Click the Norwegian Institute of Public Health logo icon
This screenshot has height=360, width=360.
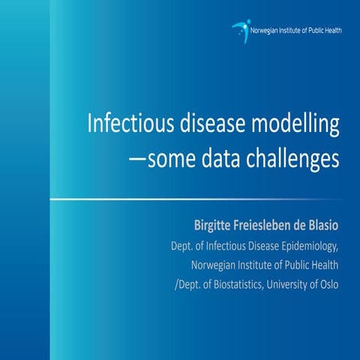click(241, 29)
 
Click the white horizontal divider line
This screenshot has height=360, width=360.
click(195, 199)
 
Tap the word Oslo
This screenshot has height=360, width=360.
click(328, 283)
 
